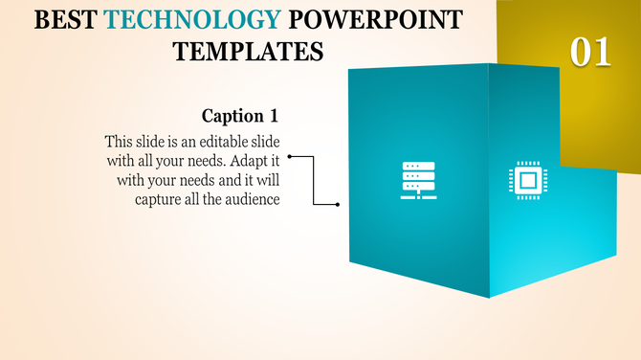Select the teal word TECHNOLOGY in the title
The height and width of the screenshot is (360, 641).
tap(193, 20)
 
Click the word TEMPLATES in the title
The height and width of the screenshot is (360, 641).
tap(248, 52)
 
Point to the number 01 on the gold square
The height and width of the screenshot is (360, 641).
tap(590, 52)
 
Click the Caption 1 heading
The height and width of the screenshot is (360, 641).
tap(240, 116)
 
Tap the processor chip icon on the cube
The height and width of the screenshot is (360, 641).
tap(525, 180)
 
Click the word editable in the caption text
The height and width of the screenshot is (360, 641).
tap(205, 142)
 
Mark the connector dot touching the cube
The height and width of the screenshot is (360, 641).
tap(339, 204)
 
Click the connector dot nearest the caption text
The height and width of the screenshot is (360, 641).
tap(289, 155)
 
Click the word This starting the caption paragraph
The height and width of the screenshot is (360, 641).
tap(121, 142)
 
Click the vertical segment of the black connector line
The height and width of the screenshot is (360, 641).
tap(314, 180)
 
